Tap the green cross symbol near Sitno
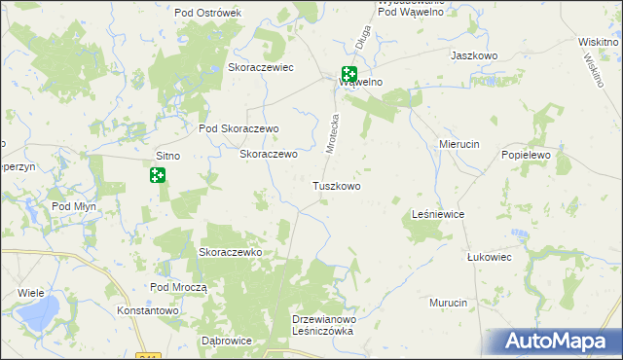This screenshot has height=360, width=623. tap(157, 175)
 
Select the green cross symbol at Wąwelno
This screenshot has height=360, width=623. tap(348, 73)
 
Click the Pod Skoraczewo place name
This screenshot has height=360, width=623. tap(238, 128)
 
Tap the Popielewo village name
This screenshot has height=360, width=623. tap(527, 155)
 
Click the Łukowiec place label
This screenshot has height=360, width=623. tap(489, 258)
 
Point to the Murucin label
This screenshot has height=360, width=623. tap(449, 304)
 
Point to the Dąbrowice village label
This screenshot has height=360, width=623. tap(226, 342)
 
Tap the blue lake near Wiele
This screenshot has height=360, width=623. tap(39, 314)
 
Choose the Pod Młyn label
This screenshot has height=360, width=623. tap(75, 206)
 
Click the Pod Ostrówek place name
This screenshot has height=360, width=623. tap(207, 13)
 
